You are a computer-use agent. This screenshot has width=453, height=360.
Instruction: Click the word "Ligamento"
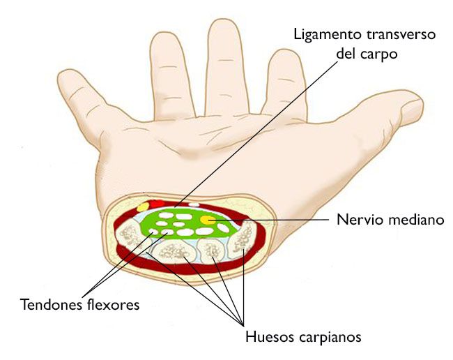point(328,36)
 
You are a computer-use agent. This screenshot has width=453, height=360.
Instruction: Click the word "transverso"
point(401,35)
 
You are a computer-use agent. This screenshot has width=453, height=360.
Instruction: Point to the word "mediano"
point(416,220)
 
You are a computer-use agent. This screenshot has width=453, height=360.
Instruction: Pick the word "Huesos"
point(270,336)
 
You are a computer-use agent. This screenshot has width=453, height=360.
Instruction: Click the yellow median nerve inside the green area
point(208,220)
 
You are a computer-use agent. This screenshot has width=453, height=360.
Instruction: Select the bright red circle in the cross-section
point(158,204)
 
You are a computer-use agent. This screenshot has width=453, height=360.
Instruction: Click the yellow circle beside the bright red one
point(143,207)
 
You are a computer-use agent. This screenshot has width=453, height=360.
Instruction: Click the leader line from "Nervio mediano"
point(269,220)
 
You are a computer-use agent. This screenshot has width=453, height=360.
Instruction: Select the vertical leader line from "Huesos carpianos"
point(243,286)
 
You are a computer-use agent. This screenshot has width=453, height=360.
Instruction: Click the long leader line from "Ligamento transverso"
point(256,134)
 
